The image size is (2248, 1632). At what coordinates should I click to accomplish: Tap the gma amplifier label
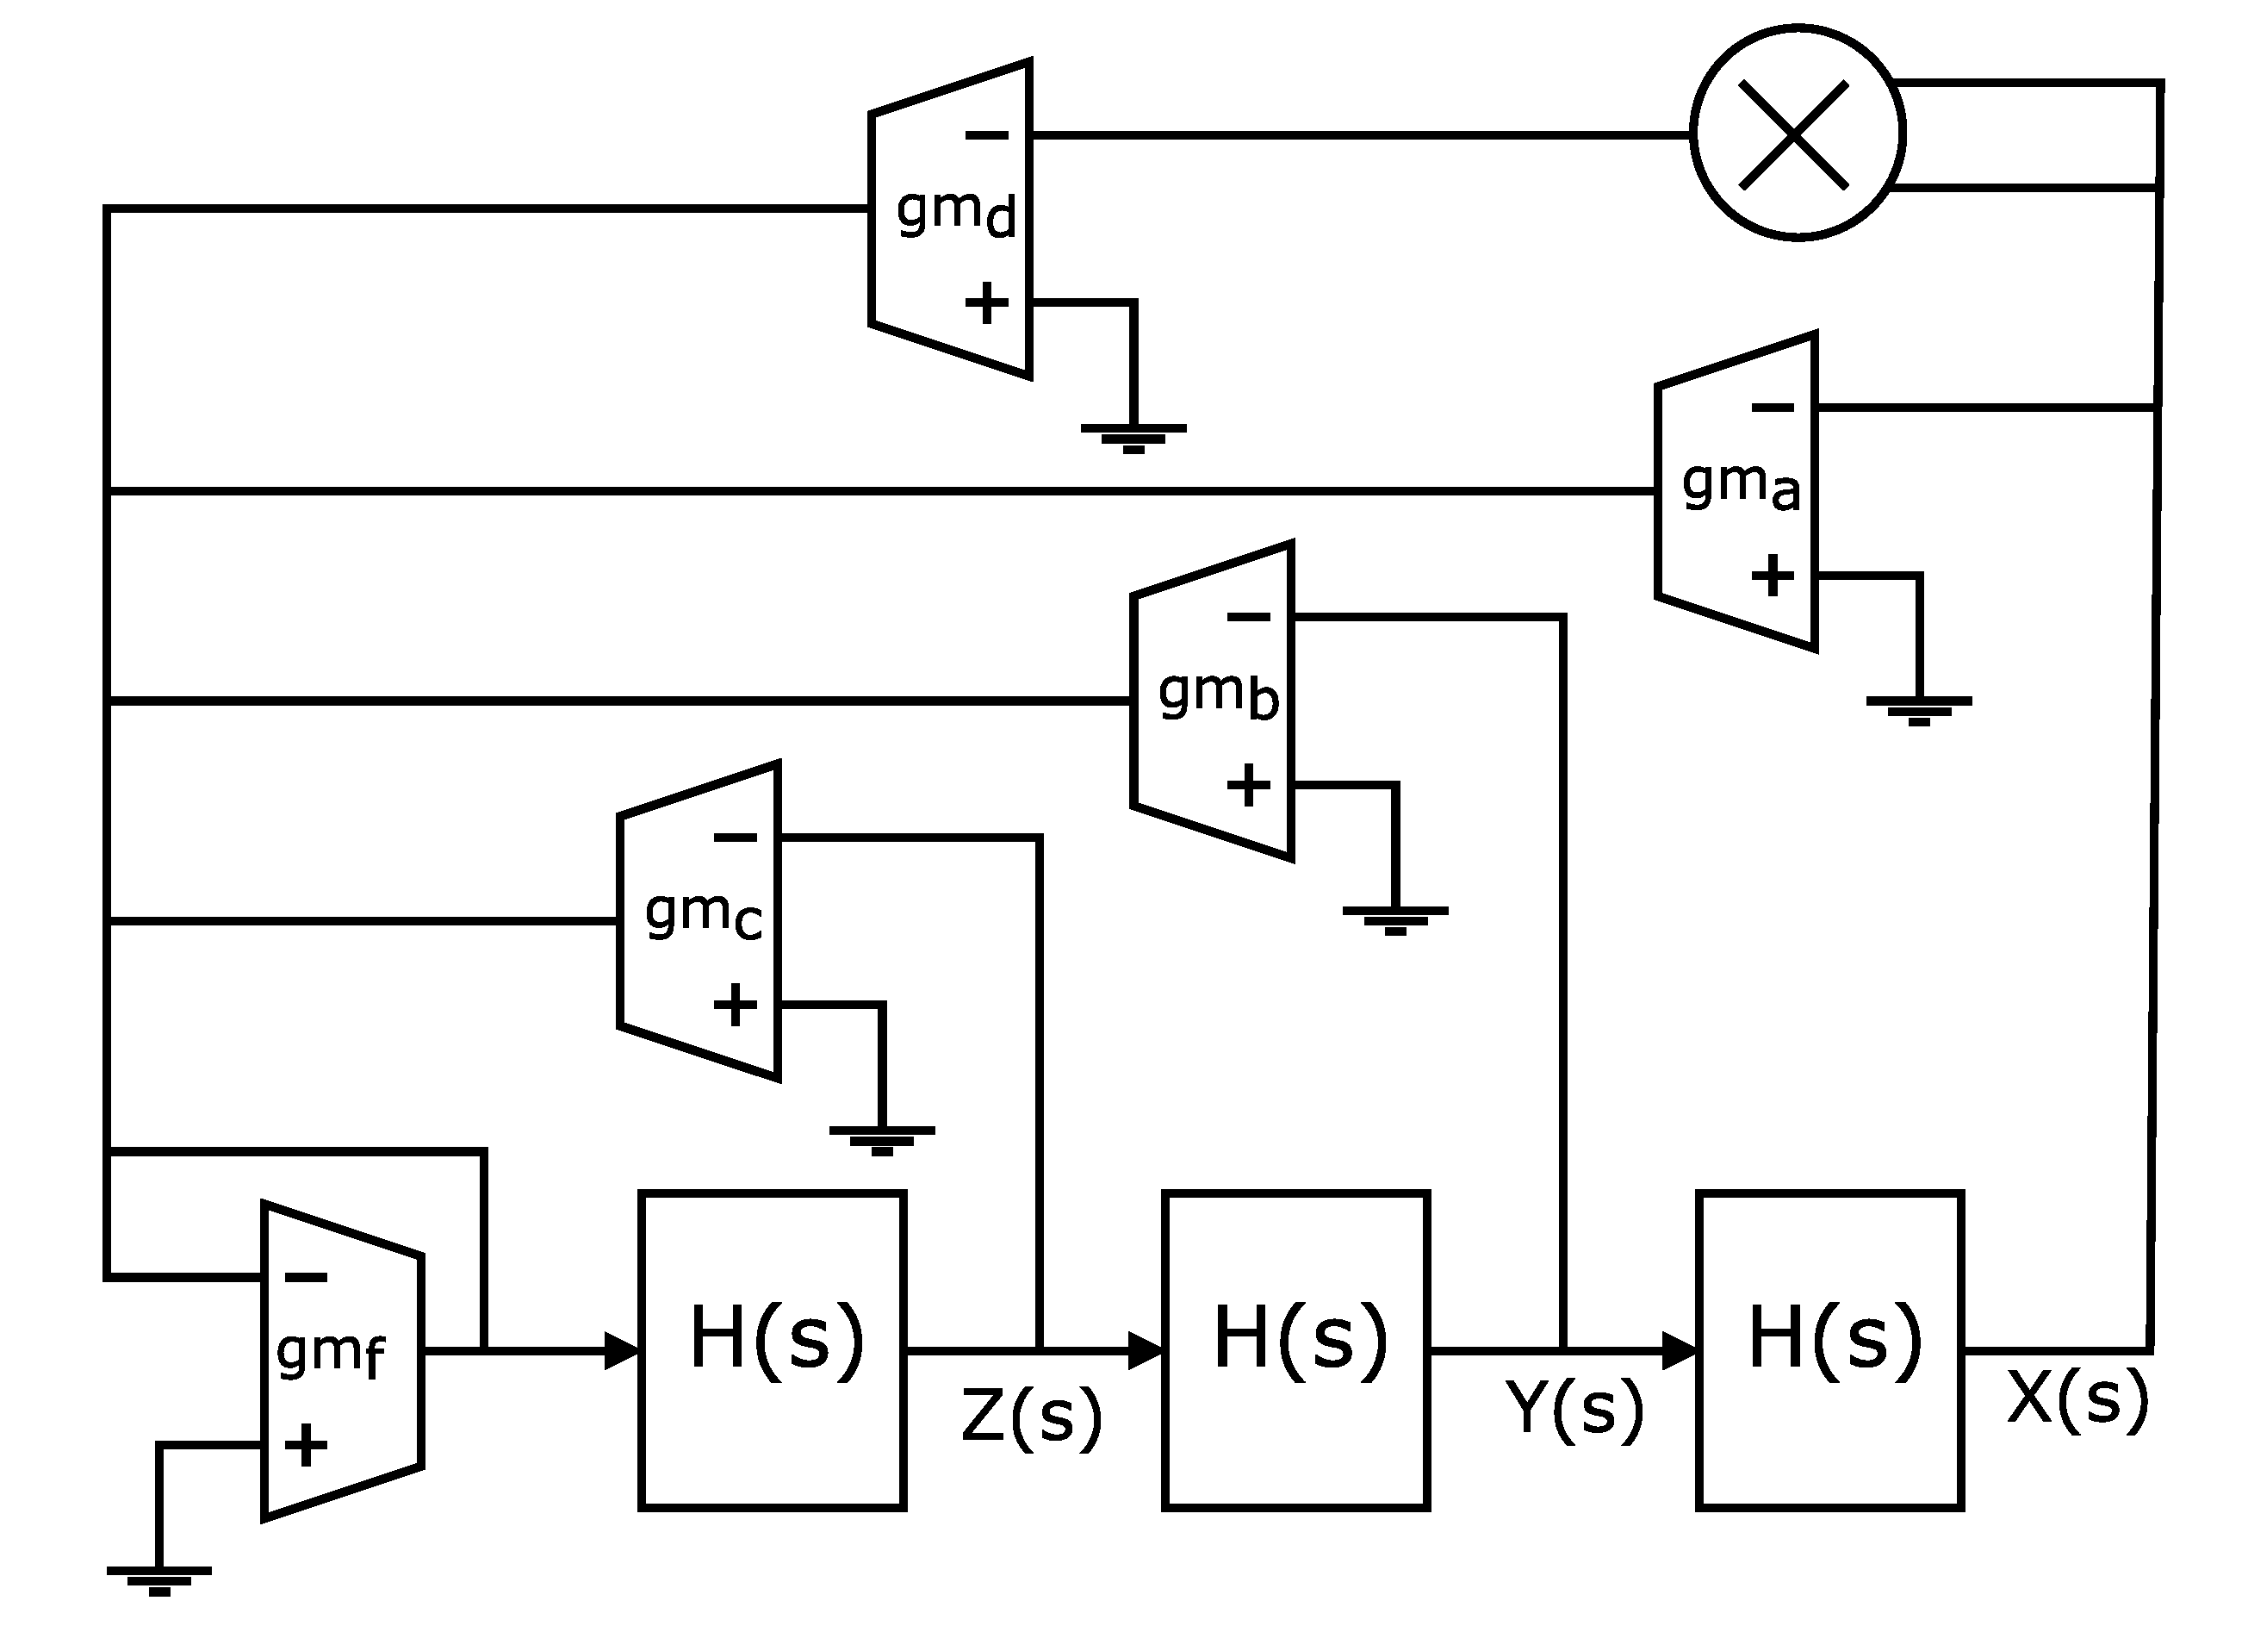click(x=1741, y=486)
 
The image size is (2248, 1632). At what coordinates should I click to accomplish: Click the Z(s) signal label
click(x=1031, y=1416)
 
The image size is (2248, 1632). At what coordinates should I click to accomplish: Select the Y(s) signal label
click(x=1574, y=1409)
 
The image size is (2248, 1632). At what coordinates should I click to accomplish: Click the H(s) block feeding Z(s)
click(x=772, y=1350)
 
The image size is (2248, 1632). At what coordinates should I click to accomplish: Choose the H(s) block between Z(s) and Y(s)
click(x=1295, y=1350)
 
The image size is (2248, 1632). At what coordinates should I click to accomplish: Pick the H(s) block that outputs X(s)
click(x=1829, y=1350)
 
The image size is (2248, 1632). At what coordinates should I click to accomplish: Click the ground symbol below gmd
click(x=1133, y=437)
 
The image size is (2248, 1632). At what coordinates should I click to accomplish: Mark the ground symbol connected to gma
click(x=1919, y=710)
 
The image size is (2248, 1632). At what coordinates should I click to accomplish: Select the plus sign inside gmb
click(x=1248, y=785)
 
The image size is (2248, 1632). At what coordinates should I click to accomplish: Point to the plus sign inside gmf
click(x=305, y=1445)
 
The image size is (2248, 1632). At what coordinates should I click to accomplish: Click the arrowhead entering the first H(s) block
click(x=623, y=1350)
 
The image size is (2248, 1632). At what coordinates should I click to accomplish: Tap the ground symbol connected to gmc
click(x=881, y=1140)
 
